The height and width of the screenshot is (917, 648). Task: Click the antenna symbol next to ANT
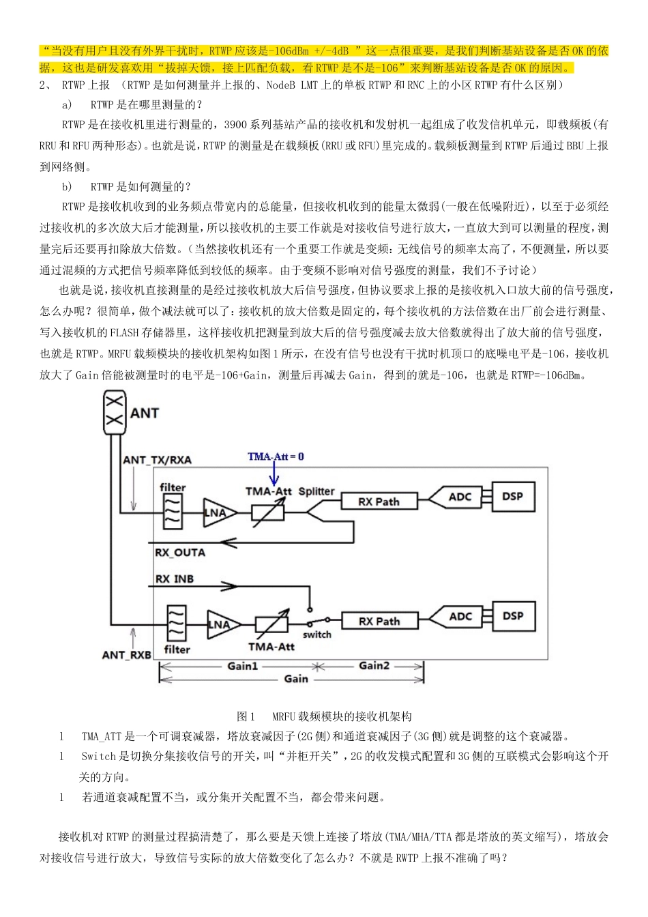pyautogui.click(x=115, y=413)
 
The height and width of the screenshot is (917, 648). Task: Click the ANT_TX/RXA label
pyautogui.click(x=157, y=460)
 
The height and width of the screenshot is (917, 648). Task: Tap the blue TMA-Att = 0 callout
pyautogui.click(x=276, y=456)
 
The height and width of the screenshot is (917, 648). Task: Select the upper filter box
pyautogui.click(x=173, y=511)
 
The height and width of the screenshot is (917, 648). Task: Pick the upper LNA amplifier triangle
pyautogui.click(x=218, y=512)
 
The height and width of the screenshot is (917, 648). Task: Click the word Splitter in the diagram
pyautogui.click(x=316, y=491)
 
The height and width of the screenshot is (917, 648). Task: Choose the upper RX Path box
pyautogui.click(x=379, y=501)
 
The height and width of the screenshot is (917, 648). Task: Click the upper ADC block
pyautogui.click(x=458, y=497)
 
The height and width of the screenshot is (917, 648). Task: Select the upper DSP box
pyautogui.click(x=512, y=497)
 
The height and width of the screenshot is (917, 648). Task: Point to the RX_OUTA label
pyautogui.click(x=180, y=552)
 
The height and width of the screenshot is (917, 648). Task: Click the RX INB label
pyautogui.click(x=175, y=579)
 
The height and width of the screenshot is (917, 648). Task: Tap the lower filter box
pyautogui.click(x=176, y=623)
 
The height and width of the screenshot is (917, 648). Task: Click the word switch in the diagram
pyautogui.click(x=316, y=635)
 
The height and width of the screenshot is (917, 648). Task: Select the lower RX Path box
pyautogui.click(x=379, y=621)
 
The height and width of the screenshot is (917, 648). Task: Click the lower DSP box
pyautogui.click(x=513, y=616)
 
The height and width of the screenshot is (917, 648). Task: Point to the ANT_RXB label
pyautogui.click(x=126, y=655)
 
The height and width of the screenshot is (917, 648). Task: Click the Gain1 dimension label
pyautogui.click(x=242, y=666)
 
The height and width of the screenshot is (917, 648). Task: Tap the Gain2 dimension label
pyautogui.click(x=374, y=665)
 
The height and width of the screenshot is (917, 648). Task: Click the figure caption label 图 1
pyautogui.click(x=246, y=716)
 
